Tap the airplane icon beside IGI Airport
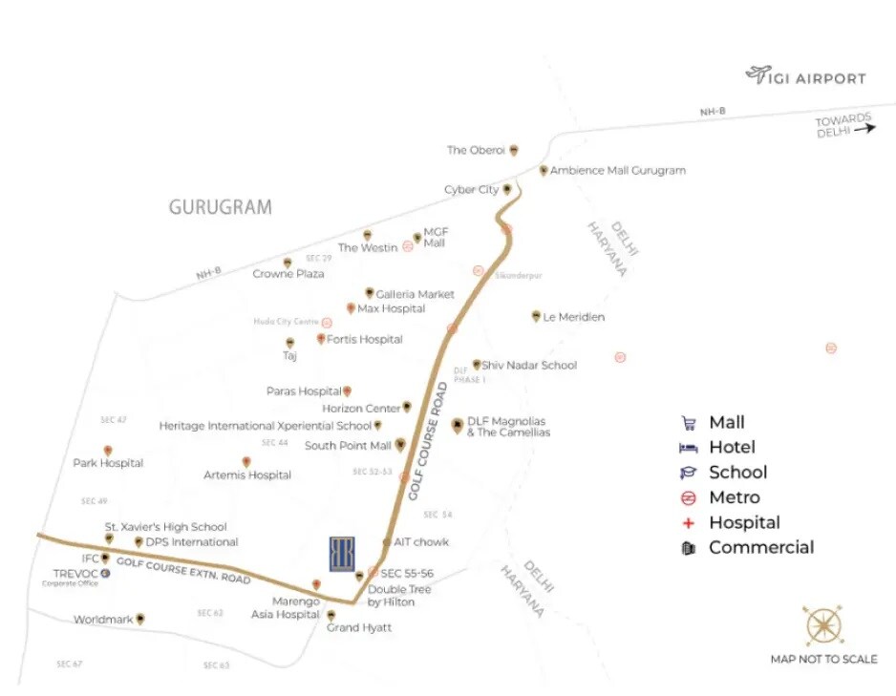pyautogui.click(x=758, y=74)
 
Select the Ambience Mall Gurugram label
pyautogui.click(x=618, y=171)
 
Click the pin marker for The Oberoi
pyautogui.click(x=514, y=150)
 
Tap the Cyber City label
pyautogui.click(x=472, y=190)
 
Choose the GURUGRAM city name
pyautogui.click(x=220, y=207)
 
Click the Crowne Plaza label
pyautogui.click(x=288, y=274)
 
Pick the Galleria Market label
pyautogui.click(x=416, y=294)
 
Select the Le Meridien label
pyautogui.click(x=574, y=317)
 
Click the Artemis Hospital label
pyautogui.click(x=247, y=475)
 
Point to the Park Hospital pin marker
pyautogui.click(x=108, y=451)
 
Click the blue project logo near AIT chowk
pyautogui.click(x=342, y=554)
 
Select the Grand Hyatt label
pyautogui.click(x=359, y=627)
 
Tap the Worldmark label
pyautogui.click(x=103, y=620)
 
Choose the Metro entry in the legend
pyautogui.click(x=734, y=497)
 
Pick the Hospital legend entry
pyautogui.click(x=743, y=522)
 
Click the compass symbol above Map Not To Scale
pyautogui.click(x=823, y=627)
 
